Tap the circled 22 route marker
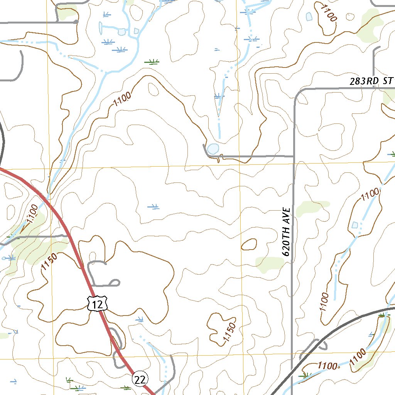click(x=140, y=380)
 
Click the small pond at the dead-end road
click(x=213, y=149)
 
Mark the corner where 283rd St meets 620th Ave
click(x=295, y=93)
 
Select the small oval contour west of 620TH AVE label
click(x=249, y=244)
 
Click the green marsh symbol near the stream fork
click(x=153, y=61)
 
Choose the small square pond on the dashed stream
click(x=355, y=225)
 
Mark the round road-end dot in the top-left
click(x=76, y=22)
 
